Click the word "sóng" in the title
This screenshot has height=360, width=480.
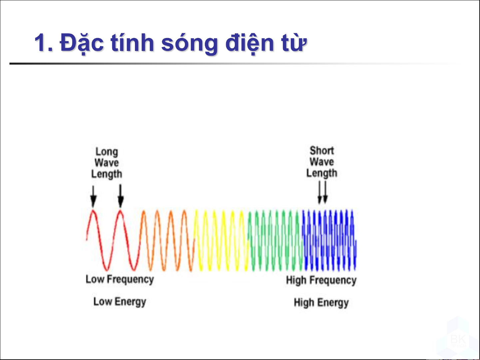click(190, 44)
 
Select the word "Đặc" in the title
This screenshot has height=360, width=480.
click(81, 43)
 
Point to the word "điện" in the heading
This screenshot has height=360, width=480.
click(249, 43)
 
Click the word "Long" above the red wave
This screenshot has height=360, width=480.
click(107, 152)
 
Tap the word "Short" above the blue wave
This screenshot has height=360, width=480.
click(322, 151)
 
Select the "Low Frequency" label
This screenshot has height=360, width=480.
click(120, 279)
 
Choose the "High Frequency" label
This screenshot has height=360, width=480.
click(321, 280)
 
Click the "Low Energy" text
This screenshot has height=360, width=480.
click(120, 302)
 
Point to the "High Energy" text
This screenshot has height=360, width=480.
click(321, 303)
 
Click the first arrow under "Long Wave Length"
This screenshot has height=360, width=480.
click(93, 196)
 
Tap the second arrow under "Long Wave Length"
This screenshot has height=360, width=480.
click(121, 196)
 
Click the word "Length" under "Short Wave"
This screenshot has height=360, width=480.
click(322, 173)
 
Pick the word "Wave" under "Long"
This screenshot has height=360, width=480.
click(107, 163)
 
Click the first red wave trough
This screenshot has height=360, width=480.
click(107, 269)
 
